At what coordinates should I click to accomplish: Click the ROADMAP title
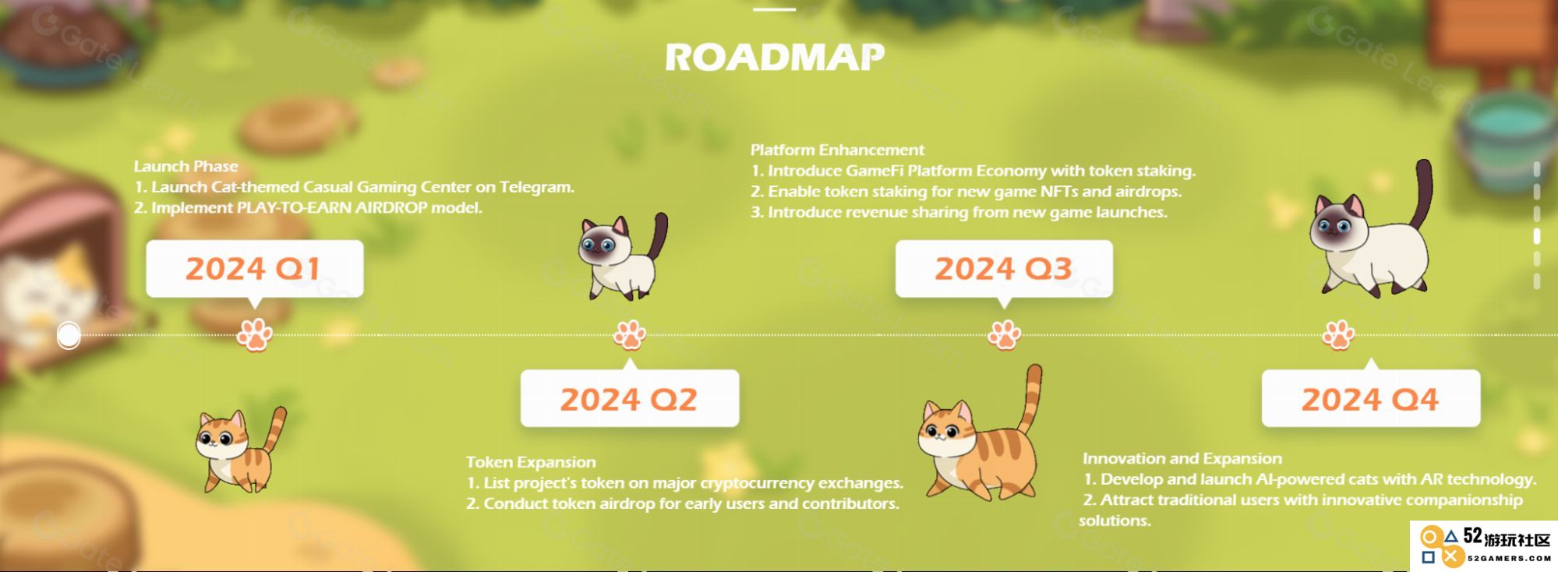(x=775, y=57)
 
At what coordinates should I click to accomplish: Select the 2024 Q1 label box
(x=254, y=269)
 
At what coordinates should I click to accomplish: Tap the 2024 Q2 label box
(x=629, y=399)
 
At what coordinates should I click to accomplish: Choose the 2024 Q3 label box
(x=1004, y=269)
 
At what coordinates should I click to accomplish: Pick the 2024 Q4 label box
(x=1370, y=399)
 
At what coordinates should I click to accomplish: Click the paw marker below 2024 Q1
(x=254, y=335)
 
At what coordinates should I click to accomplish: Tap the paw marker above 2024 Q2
(x=629, y=335)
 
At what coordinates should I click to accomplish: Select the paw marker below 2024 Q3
(x=1004, y=335)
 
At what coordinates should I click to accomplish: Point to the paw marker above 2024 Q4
(x=1338, y=335)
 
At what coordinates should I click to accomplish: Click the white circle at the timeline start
(x=69, y=335)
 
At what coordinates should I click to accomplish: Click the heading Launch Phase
(x=185, y=166)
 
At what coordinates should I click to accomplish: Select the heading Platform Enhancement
(x=837, y=150)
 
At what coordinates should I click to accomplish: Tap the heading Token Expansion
(x=531, y=462)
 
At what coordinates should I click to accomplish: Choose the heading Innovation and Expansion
(x=1182, y=458)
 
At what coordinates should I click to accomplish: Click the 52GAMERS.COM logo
(x=1485, y=546)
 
